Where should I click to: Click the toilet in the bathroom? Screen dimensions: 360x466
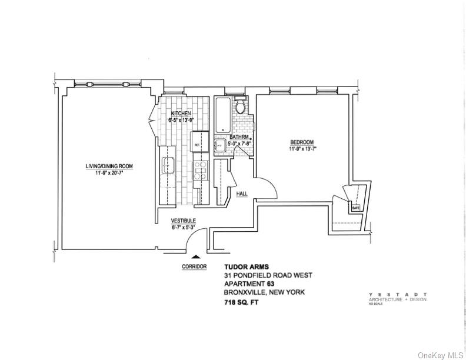pos(241,107)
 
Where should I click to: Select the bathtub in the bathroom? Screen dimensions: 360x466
pos(223,115)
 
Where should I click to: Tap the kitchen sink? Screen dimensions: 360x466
pos(167,165)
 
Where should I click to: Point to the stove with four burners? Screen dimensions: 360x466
pos(201,170)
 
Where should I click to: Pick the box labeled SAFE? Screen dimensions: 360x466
pos(355,208)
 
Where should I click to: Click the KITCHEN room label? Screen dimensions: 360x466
pos(181,114)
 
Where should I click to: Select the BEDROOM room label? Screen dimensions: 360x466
pos(301,142)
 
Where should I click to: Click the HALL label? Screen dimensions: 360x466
pos(242,193)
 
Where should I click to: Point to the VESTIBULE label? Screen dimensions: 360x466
pos(183,221)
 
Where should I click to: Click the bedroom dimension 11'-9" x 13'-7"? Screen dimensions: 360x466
pos(301,149)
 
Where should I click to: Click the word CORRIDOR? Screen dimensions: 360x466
pos(194,266)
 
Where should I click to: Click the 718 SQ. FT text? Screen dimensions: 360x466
pos(241,302)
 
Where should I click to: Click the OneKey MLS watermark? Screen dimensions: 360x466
pos(441,355)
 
